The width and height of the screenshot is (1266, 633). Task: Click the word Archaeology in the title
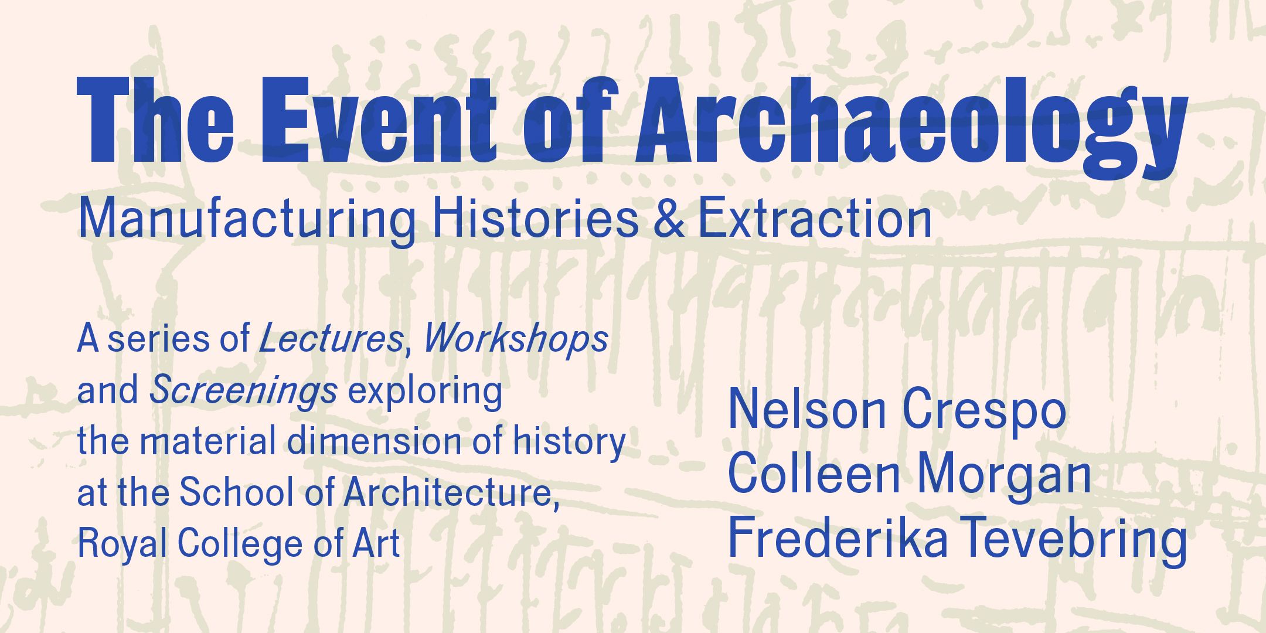pyautogui.click(x=912, y=126)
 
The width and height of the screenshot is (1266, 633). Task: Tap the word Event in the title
pyautogui.click(x=378, y=120)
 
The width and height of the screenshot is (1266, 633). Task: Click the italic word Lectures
pyautogui.click(x=331, y=338)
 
